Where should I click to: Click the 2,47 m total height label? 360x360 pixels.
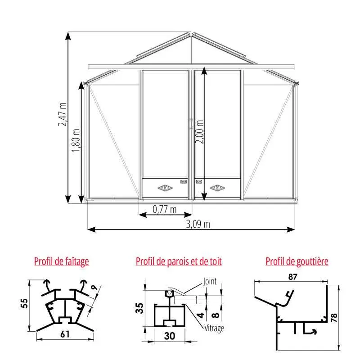point(63,114)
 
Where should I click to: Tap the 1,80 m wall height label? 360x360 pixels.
point(76,140)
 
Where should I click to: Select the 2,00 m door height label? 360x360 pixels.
point(199,131)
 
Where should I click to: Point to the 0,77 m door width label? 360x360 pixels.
point(165,209)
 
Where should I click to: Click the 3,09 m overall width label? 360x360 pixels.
point(198,224)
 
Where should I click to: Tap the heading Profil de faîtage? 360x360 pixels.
point(62,261)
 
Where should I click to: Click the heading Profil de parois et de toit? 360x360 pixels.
point(179,261)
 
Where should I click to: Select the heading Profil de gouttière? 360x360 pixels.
point(297,261)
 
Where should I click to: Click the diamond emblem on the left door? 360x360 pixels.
point(165,188)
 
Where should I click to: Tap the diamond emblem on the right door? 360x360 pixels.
point(217,188)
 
